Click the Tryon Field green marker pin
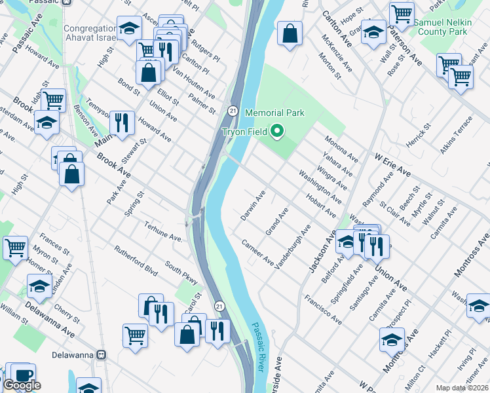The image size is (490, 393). click(276, 132)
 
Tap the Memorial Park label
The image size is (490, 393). click(274, 113)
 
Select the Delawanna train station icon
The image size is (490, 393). click(102, 354)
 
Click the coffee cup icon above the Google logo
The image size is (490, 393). click(23, 374)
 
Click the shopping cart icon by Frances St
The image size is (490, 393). click(15, 247)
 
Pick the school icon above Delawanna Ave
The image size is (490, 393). click(39, 286)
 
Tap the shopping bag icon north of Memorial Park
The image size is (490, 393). click(289, 32)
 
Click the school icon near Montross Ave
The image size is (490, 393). click(392, 340)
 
